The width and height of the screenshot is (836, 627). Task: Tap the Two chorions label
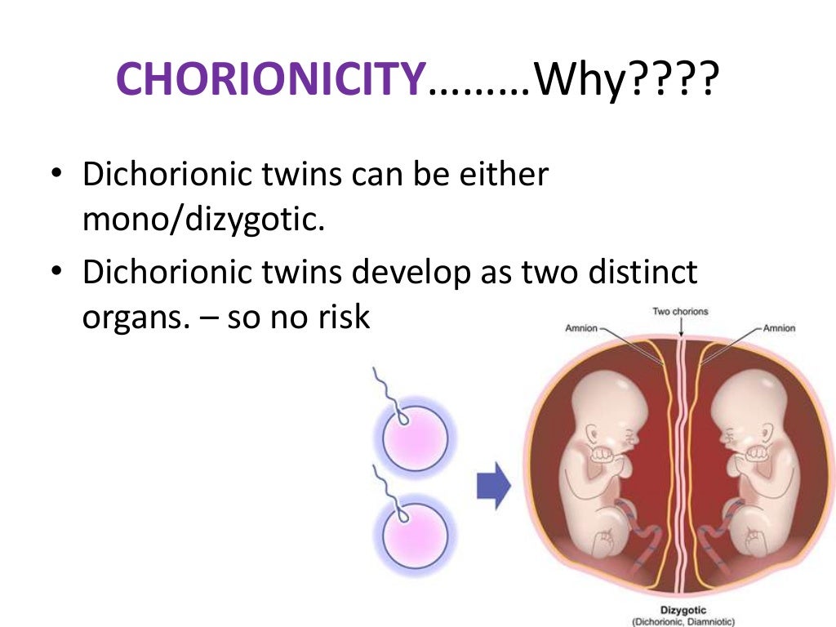(x=680, y=311)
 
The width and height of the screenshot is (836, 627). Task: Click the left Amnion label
(x=581, y=328)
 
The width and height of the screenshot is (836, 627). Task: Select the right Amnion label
(x=779, y=328)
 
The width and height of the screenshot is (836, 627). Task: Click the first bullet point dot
(x=56, y=176)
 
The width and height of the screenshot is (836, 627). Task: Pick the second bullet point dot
(x=56, y=273)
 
